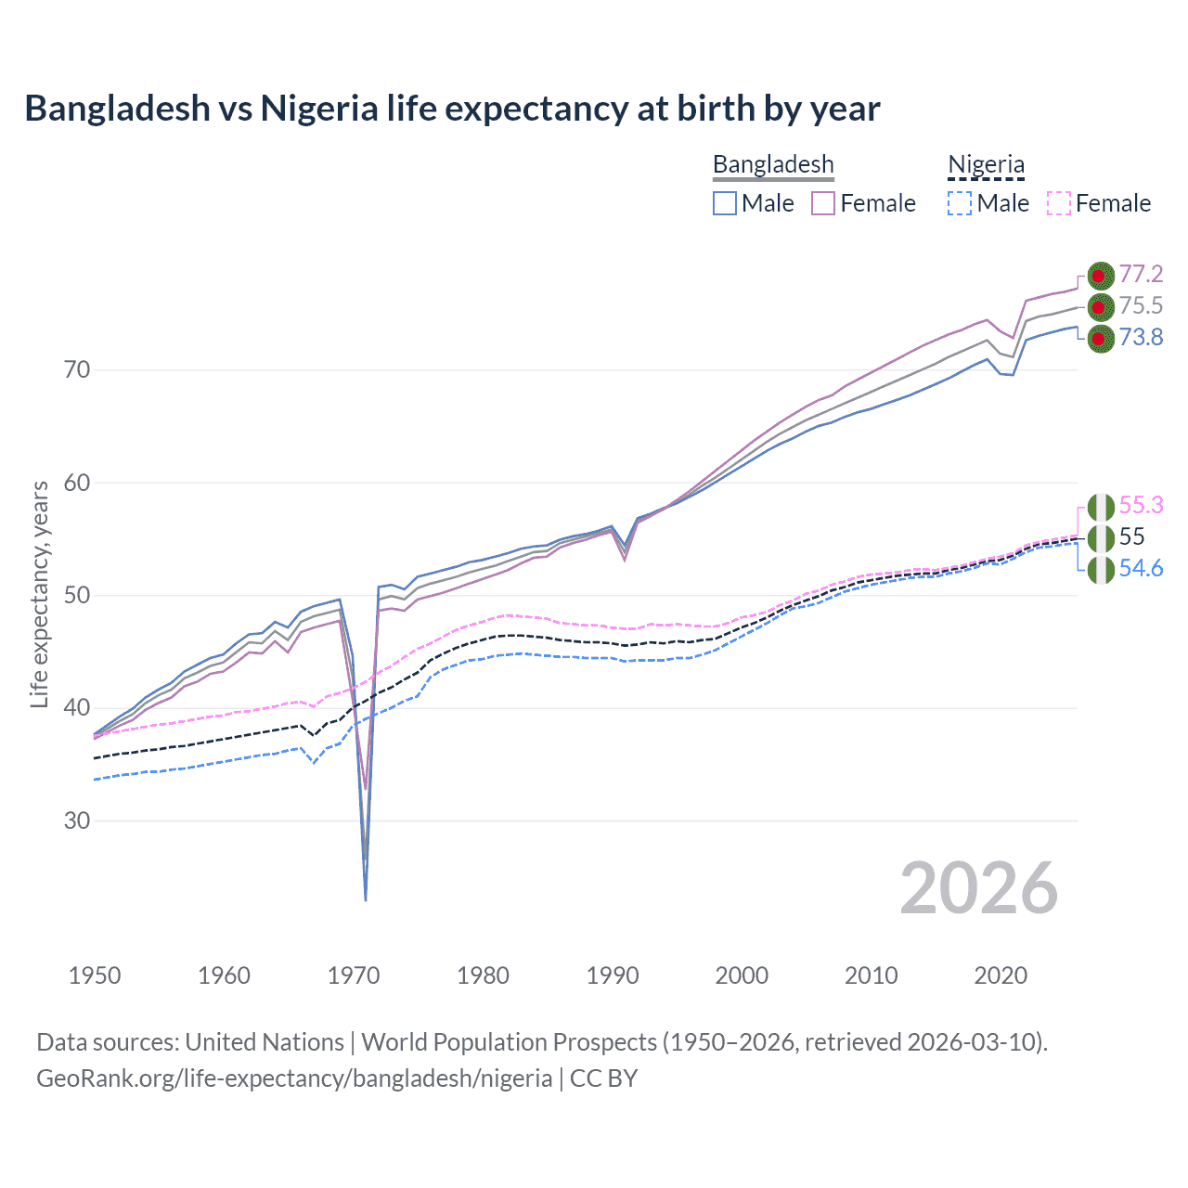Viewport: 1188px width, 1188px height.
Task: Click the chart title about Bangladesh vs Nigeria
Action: [x=452, y=109]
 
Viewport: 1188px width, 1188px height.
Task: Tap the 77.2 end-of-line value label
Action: [x=1141, y=274]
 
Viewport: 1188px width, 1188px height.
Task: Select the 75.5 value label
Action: [x=1141, y=305]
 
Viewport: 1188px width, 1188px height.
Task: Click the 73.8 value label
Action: [x=1141, y=337]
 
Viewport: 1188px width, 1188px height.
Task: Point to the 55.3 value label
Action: [x=1141, y=505]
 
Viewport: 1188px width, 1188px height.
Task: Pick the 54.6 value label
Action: [x=1141, y=568]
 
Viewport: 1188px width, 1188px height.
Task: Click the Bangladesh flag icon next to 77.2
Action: [x=1101, y=275]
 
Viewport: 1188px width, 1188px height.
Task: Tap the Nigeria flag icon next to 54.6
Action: [x=1101, y=569]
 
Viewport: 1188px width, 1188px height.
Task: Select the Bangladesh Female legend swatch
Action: [x=823, y=203]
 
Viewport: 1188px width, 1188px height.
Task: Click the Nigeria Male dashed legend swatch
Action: [x=960, y=203]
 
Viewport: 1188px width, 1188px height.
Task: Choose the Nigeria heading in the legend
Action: [x=986, y=164]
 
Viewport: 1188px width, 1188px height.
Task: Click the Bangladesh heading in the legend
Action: [x=773, y=164]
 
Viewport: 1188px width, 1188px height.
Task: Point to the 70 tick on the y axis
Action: [x=77, y=370]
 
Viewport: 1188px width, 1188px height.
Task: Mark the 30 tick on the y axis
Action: [x=77, y=821]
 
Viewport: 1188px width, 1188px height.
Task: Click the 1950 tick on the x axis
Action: [x=95, y=975]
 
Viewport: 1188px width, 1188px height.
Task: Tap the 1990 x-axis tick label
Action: [x=613, y=975]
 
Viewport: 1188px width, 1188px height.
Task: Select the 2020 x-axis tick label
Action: [x=1001, y=975]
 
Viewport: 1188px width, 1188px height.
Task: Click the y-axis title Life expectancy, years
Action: [x=39, y=594]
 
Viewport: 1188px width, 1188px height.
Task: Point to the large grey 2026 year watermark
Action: [x=978, y=888]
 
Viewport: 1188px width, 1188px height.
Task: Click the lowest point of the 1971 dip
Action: [x=366, y=899]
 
